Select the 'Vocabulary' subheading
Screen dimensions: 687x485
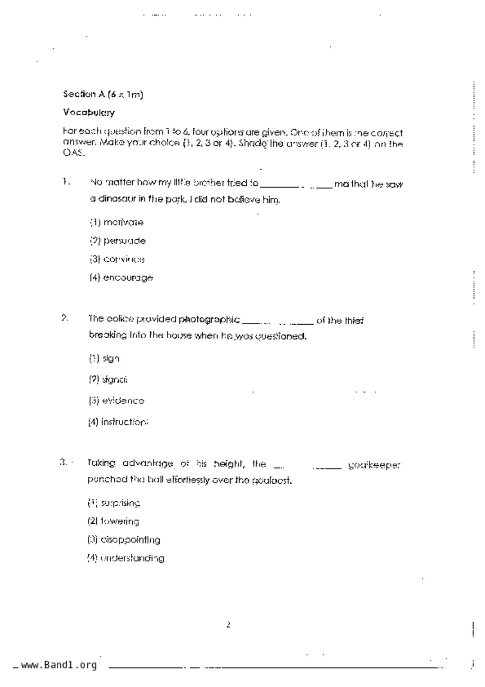click(89, 113)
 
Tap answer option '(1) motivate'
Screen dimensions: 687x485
click(117, 222)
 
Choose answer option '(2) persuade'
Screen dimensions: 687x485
click(117, 241)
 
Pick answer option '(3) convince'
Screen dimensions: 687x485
click(117, 259)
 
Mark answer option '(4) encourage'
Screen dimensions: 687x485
click(121, 278)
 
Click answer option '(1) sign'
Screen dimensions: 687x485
click(104, 358)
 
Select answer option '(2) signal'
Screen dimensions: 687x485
click(108, 380)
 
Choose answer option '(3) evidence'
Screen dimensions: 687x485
click(116, 401)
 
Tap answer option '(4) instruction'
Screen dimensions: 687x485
click(118, 422)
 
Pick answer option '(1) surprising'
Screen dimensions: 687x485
click(114, 503)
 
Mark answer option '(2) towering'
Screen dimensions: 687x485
click(113, 521)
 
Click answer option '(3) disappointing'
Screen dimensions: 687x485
click(124, 540)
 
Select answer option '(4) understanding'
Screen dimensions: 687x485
click(125, 558)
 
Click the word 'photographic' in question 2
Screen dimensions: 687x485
click(209, 320)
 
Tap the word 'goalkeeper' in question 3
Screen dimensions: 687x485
click(374, 465)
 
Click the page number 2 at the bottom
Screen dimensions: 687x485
click(228, 625)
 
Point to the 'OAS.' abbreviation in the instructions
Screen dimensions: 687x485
click(73, 153)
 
